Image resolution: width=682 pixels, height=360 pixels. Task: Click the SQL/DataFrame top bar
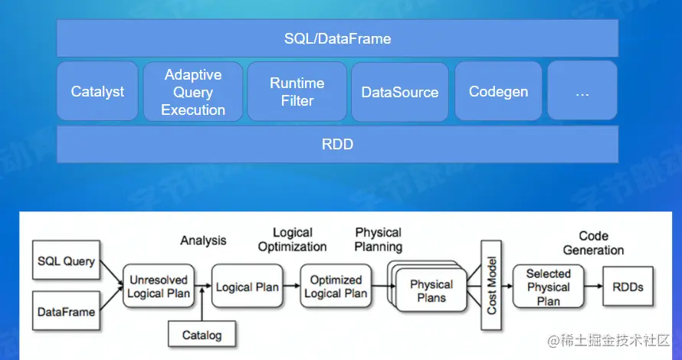337,38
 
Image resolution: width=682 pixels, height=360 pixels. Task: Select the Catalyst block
97,92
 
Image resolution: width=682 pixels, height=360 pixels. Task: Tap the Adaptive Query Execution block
193,92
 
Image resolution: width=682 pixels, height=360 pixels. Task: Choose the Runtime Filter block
297,92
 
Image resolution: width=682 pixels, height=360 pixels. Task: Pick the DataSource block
400,92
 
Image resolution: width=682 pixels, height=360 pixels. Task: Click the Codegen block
498,92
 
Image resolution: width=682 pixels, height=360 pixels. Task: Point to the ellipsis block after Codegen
582,92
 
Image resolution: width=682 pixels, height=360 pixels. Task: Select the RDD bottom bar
337,144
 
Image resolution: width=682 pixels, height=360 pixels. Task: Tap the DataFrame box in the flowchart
66,312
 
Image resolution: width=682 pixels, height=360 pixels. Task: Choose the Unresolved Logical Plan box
159,286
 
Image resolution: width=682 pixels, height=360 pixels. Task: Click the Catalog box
202,335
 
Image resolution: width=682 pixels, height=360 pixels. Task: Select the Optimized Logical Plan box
336,286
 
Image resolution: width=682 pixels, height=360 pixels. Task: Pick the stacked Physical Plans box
431,290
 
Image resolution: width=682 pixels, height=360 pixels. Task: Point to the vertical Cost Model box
490,285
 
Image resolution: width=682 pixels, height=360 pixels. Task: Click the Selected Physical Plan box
548,286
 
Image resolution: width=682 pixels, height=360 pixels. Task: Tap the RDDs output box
628,287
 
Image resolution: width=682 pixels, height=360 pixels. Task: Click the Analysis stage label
203,241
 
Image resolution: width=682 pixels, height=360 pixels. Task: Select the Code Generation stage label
593,243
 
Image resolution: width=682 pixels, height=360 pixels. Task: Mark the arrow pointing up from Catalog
202,306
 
